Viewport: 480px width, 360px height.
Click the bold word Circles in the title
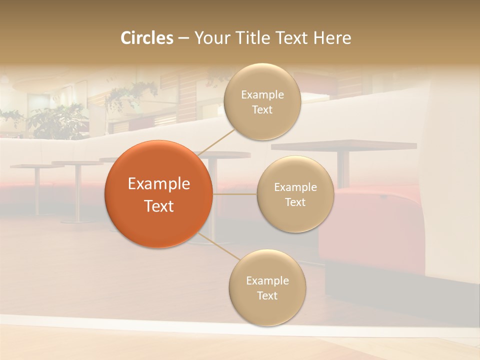coord(146,38)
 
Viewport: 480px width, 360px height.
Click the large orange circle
coord(159,194)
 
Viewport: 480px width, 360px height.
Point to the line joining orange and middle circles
coord(235,194)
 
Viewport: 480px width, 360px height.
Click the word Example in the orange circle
coord(159,184)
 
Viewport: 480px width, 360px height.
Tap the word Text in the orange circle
coord(159,206)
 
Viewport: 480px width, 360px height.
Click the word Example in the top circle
coord(262,94)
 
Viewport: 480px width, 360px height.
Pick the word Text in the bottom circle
coord(267,295)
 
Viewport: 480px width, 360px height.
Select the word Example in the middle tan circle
coord(295,187)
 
